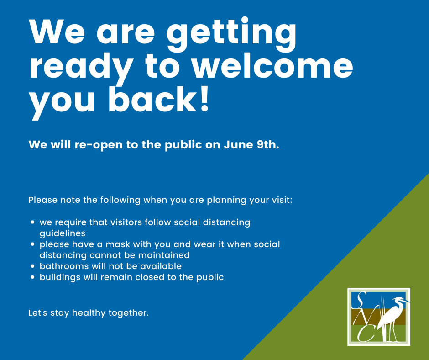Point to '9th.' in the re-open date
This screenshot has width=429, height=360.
point(268,144)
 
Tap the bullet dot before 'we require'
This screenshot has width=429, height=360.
point(33,222)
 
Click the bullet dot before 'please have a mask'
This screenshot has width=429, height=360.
point(33,244)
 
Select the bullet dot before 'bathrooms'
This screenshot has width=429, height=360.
point(33,266)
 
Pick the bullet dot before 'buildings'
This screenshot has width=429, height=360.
point(33,277)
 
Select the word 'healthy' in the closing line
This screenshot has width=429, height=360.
point(89,313)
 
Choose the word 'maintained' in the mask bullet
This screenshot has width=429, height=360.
point(164,255)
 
